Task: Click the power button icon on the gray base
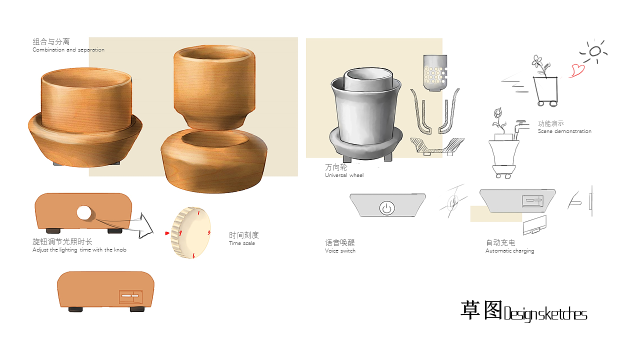tap(386, 207)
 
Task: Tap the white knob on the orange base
tap(84, 213)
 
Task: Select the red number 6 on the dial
tap(193, 255)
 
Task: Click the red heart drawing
tap(576, 70)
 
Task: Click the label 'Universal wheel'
tap(344, 175)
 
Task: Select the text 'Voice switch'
tap(340, 250)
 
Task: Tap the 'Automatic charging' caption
tap(509, 250)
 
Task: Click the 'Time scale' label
tap(242, 243)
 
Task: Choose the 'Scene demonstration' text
tap(564, 131)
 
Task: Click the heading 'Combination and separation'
tap(68, 50)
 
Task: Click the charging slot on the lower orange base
tap(130, 297)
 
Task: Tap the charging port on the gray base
tap(532, 201)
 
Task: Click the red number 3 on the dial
tap(208, 232)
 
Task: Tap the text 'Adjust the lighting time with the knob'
tap(79, 250)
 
